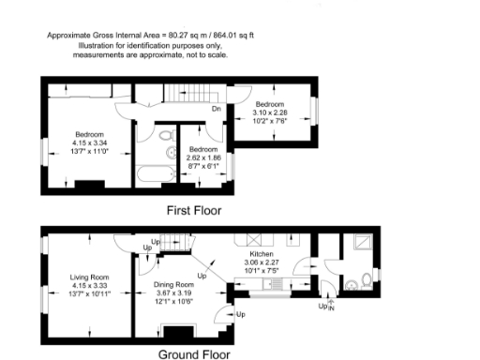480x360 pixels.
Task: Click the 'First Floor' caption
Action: point(193,210)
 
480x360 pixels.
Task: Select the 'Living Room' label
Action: point(90,277)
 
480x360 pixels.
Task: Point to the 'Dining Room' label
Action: point(174,285)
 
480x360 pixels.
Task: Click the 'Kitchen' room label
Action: point(259,254)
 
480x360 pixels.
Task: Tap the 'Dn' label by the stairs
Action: point(216,110)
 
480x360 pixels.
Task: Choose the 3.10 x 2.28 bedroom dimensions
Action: point(269,112)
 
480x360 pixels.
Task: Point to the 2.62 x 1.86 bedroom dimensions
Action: point(203,157)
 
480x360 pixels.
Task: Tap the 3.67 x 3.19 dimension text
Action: point(174,293)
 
